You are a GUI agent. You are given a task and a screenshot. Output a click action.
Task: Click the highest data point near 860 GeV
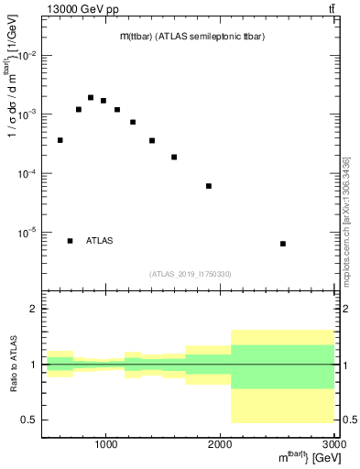[91, 97]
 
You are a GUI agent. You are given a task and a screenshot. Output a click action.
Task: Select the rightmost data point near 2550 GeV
[283, 244]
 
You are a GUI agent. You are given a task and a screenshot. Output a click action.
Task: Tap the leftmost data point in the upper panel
[60, 140]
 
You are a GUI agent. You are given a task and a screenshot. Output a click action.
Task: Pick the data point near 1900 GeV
[209, 186]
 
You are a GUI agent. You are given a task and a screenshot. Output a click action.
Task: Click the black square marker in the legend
[70, 241]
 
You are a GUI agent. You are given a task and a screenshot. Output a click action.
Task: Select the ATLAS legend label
[100, 241]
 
